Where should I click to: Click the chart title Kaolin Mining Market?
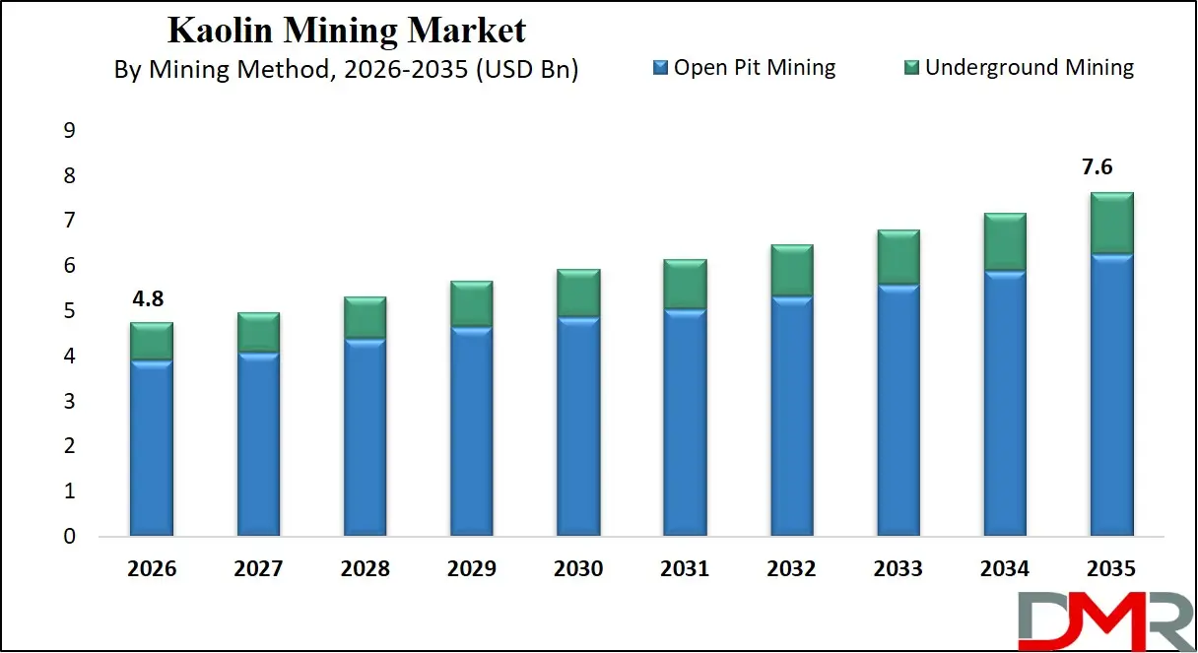pyautogui.click(x=347, y=30)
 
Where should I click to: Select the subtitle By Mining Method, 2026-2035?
pyautogui.click(x=347, y=70)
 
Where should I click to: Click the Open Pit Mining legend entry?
pyautogui.click(x=744, y=67)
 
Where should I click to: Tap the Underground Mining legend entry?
pyautogui.click(x=1019, y=67)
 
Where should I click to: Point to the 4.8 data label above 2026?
pyautogui.click(x=151, y=299)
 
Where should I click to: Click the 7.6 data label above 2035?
pyautogui.click(x=1111, y=167)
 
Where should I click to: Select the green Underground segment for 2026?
pyautogui.click(x=151, y=341)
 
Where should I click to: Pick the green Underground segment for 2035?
pyautogui.click(x=1111, y=223)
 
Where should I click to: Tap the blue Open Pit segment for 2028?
pyautogui.click(x=364, y=437)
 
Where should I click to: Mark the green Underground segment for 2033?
pyautogui.click(x=898, y=257)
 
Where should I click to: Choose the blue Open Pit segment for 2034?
pyautogui.click(x=1005, y=404)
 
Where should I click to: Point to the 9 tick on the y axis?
pyautogui.click(x=70, y=131)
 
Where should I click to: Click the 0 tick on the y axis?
pyautogui.click(x=70, y=537)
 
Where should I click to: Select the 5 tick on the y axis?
pyautogui.click(x=70, y=311)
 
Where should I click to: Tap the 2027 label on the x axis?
pyautogui.click(x=257, y=569)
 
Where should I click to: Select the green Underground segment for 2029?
pyautogui.click(x=470, y=303)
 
